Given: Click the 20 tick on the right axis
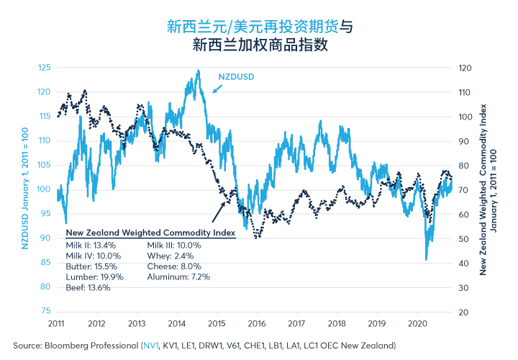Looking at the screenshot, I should click(x=463, y=312).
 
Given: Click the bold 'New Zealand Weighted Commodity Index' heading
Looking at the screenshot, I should click(x=150, y=233).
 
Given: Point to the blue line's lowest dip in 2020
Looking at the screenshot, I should click(x=426, y=259).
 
